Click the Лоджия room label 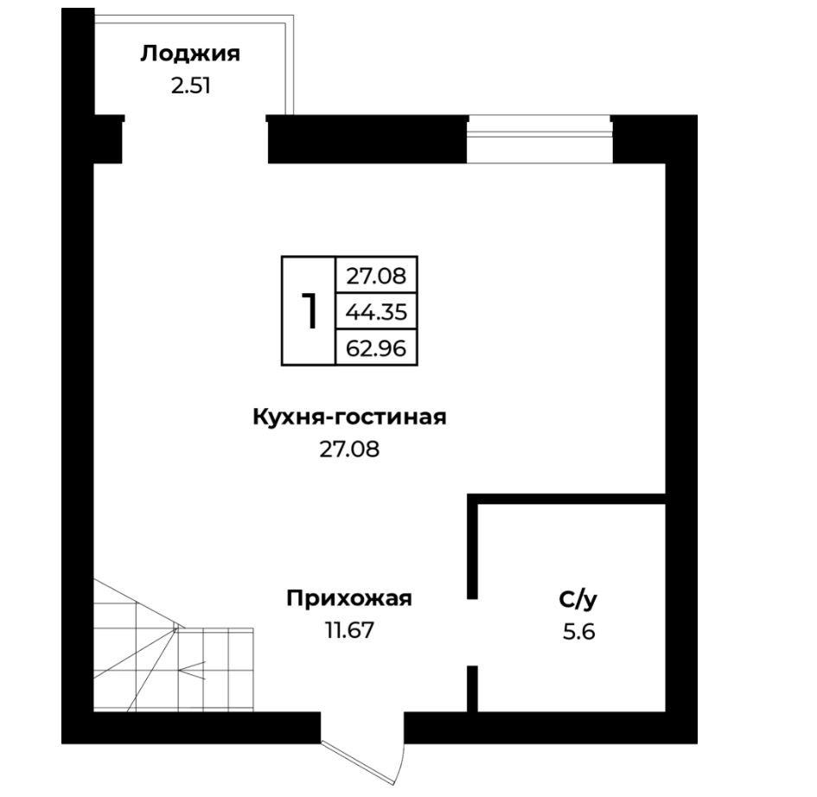pos(190,54)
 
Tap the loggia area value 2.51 pos(191,86)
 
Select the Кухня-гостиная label pos(349,417)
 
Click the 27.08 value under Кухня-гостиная pos(349,449)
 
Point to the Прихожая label pos(349,598)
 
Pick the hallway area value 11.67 pos(349,630)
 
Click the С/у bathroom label pos(578,600)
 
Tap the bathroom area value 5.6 pos(578,632)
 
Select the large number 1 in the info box pos(310,310)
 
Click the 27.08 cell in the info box pos(376,276)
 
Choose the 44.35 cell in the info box pos(376,311)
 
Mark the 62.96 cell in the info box pos(376,347)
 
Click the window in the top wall pos(539,139)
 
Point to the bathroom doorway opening pos(472,632)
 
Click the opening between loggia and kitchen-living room pos(195,140)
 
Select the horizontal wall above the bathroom pos(566,499)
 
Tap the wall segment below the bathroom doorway pos(472,689)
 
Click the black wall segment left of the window pos(367,139)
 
